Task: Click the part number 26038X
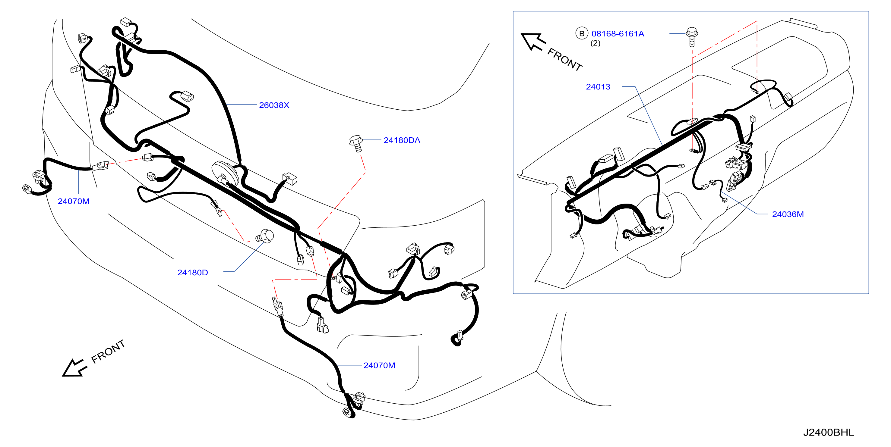274,105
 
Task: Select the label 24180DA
402,140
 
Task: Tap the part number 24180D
193,273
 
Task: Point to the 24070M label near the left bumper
73,201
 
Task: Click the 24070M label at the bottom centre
379,365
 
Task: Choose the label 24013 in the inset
598,87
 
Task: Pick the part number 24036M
788,214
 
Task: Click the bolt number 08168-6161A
618,33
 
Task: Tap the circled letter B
582,33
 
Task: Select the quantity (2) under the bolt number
595,43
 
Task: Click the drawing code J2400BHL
828,432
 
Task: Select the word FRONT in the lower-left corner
108,351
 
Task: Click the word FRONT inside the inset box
565,59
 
